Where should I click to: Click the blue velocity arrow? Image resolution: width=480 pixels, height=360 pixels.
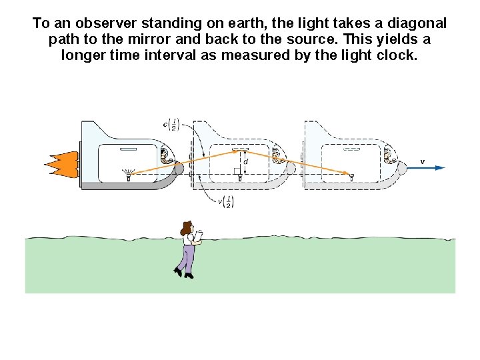[427, 167]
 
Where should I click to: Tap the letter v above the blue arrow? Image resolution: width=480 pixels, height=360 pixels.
[422, 161]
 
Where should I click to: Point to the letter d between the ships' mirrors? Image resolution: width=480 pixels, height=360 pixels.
[245, 161]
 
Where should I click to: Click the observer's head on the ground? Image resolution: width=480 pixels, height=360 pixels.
[187, 229]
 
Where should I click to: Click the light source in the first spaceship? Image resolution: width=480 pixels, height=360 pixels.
[128, 174]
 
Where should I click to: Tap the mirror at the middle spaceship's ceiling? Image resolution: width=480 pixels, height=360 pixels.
[239, 150]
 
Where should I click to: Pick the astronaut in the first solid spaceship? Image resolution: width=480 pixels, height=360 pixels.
[165, 157]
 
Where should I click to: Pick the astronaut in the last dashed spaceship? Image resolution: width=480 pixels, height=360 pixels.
[389, 157]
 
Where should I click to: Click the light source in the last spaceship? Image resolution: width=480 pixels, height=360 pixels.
[351, 175]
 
